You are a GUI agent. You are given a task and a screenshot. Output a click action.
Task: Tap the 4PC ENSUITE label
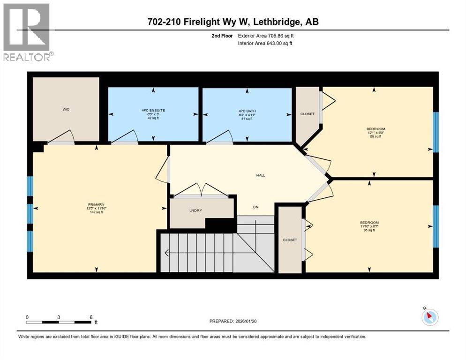pyautogui.click(x=153, y=110)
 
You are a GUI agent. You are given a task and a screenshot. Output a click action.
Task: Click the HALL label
pyautogui.click(x=261, y=175)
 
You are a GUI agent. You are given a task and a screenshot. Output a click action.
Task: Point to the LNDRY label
pyautogui.click(x=195, y=210)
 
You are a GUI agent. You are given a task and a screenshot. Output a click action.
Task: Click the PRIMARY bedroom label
pyautogui.click(x=95, y=204)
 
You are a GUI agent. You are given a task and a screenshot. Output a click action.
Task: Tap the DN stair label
pyautogui.click(x=256, y=207)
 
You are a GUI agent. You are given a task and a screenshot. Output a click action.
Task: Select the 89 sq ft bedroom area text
pyautogui.click(x=373, y=136)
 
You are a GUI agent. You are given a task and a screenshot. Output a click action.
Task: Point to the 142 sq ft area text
pyautogui.click(x=95, y=212)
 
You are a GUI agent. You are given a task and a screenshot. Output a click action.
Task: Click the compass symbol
pyautogui.click(x=429, y=317)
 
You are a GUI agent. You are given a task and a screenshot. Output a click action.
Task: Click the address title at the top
pyautogui.click(x=233, y=22)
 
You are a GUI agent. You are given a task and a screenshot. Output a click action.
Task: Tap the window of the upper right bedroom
pyautogui.click(x=436, y=132)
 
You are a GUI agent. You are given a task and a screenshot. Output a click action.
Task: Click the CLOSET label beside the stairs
pyautogui.click(x=290, y=240)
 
